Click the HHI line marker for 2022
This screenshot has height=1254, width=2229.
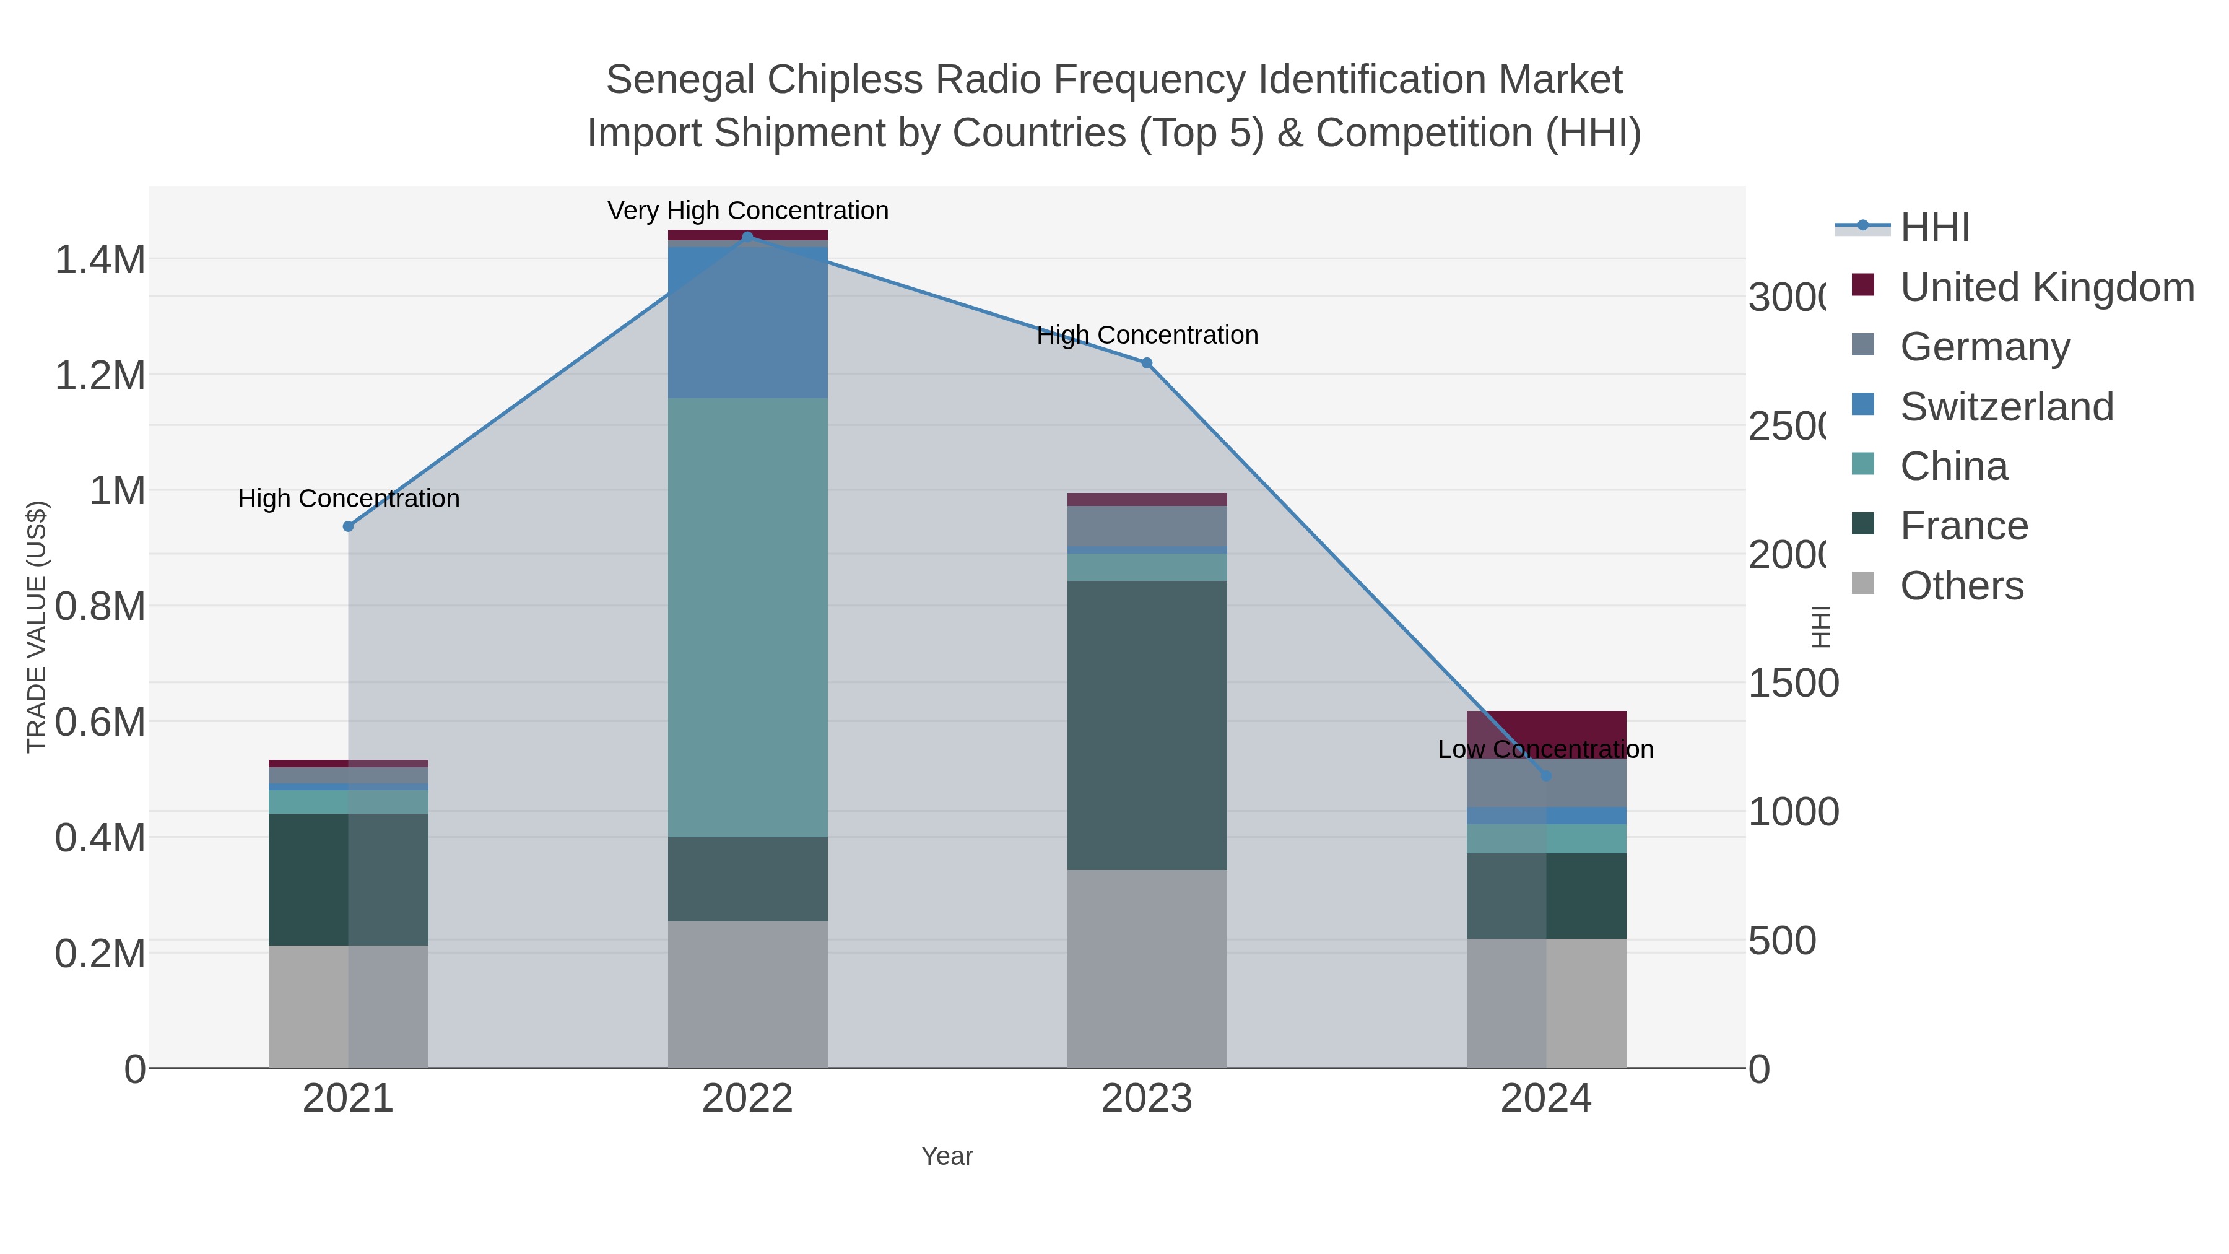(x=747, y=237)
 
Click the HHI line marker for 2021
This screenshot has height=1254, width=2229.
(x=349, y=526)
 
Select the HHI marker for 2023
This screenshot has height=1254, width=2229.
(x=1147, y=363)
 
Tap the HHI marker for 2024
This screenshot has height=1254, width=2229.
(x=1546, y=775)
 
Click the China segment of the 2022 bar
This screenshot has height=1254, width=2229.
(x=747, y=616)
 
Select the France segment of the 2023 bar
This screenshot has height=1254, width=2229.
(x=1147, y=725)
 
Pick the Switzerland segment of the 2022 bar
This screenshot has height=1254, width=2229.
(x=747, y=322)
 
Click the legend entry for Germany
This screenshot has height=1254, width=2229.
(x=1984, y=347)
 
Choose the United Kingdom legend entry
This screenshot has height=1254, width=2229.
(x=2046, y=287)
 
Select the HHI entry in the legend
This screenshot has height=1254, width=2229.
(x=1935, y=228)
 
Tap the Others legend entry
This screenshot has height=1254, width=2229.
(x=1961, y=586)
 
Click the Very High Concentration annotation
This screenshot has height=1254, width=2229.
(x=747, y=211)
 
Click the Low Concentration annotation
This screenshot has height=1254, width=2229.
(x=1545, y=749)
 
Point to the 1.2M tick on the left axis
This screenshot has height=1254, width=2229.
(x=100, y=376)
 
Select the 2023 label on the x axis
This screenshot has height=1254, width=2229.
(x=1147, y=1099)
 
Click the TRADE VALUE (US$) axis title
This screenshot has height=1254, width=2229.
(x=37, y=627)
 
